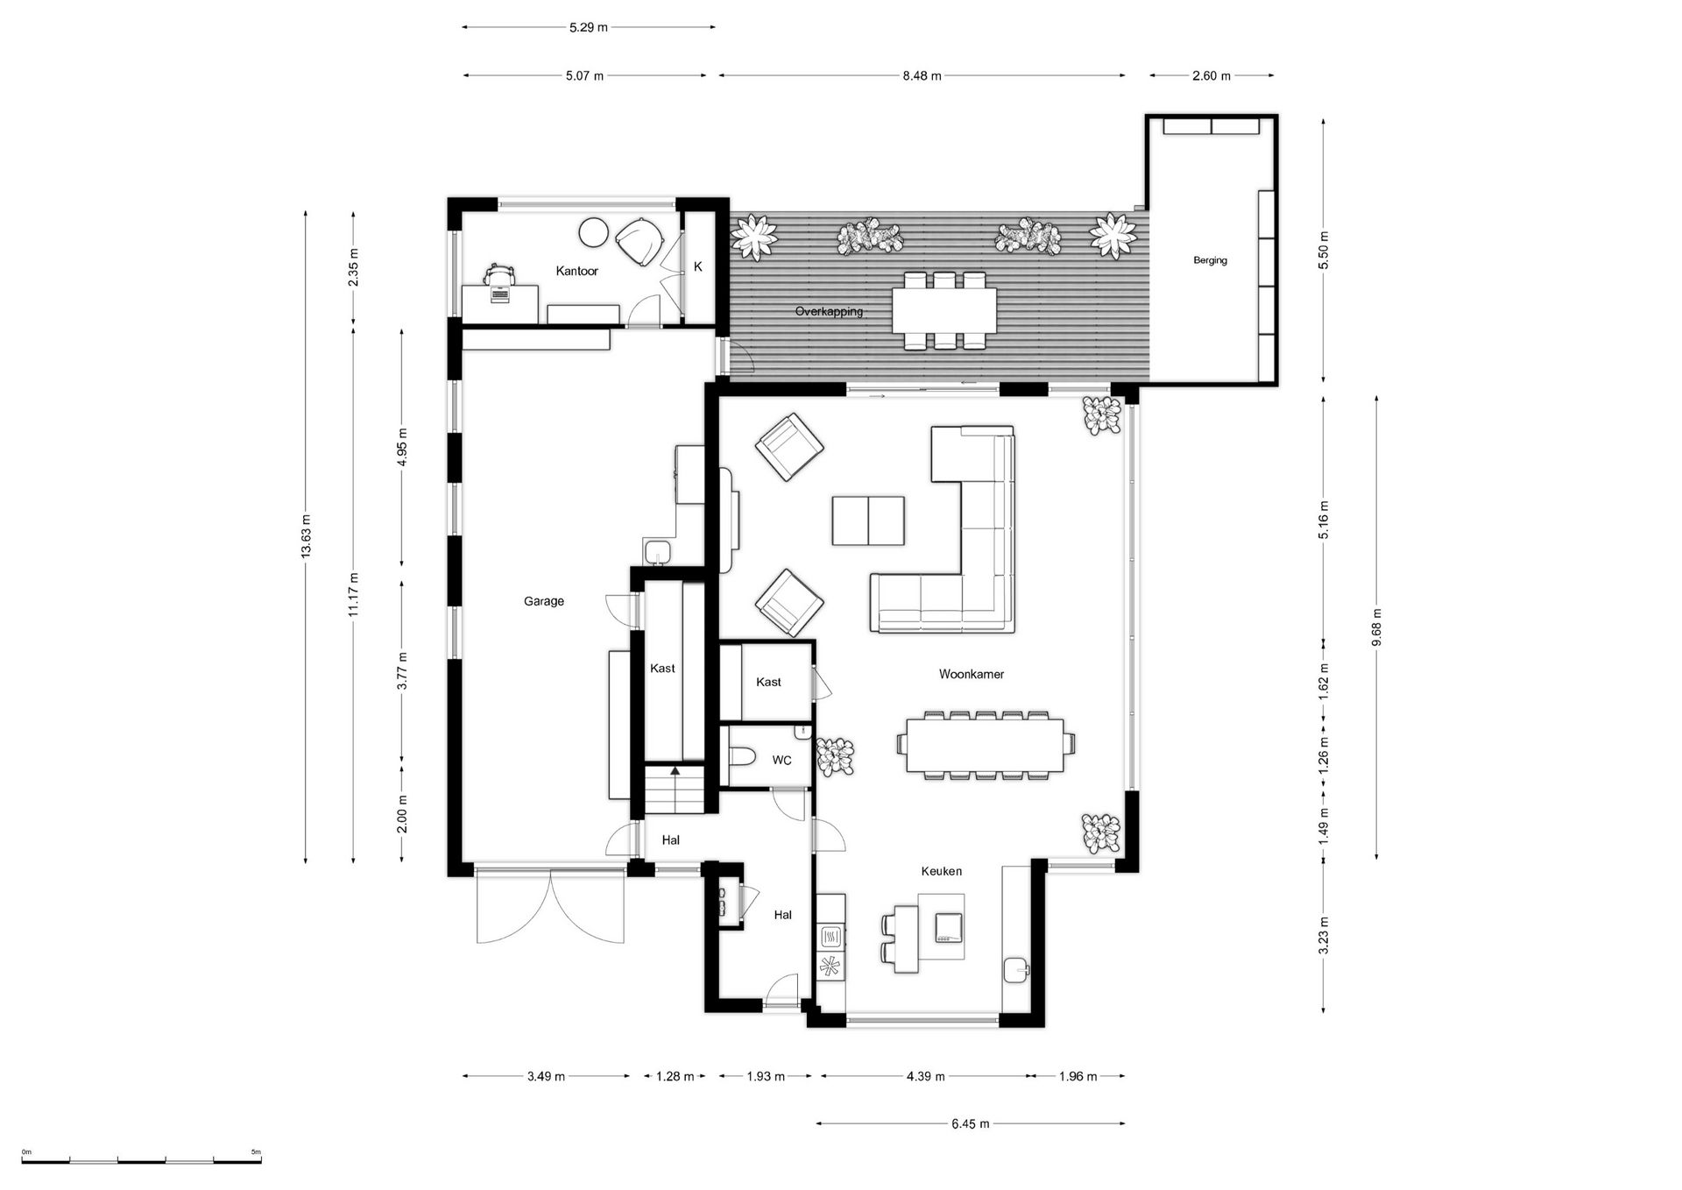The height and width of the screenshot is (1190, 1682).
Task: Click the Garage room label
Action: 543,601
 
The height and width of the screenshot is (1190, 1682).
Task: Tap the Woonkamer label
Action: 971,674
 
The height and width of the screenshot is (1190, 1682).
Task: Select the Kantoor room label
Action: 576,271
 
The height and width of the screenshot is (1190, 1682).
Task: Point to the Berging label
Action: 1210,260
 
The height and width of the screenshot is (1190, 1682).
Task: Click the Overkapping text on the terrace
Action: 829,311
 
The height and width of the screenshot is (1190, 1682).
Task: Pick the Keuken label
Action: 941,871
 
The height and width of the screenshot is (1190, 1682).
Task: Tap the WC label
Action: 781,760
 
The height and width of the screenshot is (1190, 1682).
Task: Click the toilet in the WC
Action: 740,756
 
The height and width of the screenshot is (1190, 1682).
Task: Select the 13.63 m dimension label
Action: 306,536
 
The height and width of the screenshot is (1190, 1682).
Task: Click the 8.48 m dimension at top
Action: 922,76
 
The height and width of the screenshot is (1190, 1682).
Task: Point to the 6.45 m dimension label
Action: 971,1123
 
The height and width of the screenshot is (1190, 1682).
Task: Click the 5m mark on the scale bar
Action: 256,1152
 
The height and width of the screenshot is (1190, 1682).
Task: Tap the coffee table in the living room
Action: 867,521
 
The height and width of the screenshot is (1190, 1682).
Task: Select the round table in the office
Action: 593,233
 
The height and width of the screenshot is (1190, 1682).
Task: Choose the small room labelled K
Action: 698,266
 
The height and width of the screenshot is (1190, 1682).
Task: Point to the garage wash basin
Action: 656,552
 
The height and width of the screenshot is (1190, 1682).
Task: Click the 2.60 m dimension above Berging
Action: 1211,76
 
